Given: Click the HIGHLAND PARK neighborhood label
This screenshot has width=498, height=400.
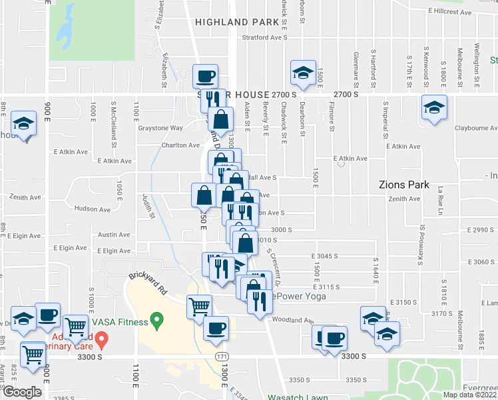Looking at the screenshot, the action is point(236,22).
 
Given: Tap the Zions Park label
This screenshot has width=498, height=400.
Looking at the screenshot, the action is point(403,185).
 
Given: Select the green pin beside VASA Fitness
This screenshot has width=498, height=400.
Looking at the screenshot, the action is point(157,321).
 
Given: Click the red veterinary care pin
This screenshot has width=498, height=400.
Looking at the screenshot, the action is point(101,340).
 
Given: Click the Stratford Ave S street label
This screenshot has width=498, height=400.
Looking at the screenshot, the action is point(264,38).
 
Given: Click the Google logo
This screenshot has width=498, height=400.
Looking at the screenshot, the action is point(22,391).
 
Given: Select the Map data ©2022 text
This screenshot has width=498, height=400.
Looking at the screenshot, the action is point(469,395).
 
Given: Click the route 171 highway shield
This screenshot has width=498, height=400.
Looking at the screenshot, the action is point(220,357).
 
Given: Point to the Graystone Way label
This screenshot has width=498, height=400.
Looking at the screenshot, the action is point(160,128).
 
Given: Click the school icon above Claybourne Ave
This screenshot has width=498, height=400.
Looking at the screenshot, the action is point(434,107).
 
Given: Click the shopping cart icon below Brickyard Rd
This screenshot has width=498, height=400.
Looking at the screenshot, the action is point(199,307).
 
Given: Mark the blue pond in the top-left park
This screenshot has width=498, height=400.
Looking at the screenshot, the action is point(67,30).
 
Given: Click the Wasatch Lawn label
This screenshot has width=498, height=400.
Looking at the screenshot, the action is point(298,397).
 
